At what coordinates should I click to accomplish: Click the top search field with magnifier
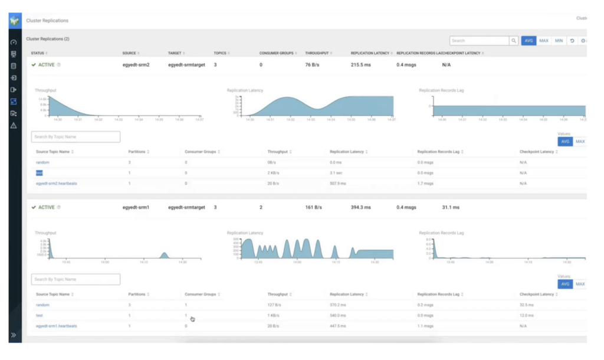click(x=479, y=41)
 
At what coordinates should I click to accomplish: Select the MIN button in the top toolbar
click(x=558, y=41)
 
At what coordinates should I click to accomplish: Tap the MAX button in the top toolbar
click(x=543, y=41)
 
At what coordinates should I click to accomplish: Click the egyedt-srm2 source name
click(x=136, y=64)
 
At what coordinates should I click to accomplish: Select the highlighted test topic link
click(x=39, y=173)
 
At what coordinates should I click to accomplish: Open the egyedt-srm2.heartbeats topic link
click(x=56, y=184)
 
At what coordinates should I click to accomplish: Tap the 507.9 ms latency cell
click(x=340, y=184)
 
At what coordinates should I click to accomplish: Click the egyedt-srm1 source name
click(x=136, y=208)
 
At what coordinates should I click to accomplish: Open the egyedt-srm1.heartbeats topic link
click(x=56, y=326)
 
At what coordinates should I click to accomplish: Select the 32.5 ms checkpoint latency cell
click(x=527, y=305)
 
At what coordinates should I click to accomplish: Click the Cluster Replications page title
click(x=47, y=21)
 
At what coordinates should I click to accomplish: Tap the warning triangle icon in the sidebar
click(x=14, y=126)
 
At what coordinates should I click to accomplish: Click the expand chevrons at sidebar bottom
click(x=14, y=335)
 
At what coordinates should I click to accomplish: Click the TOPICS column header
click(x=221, y=53)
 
